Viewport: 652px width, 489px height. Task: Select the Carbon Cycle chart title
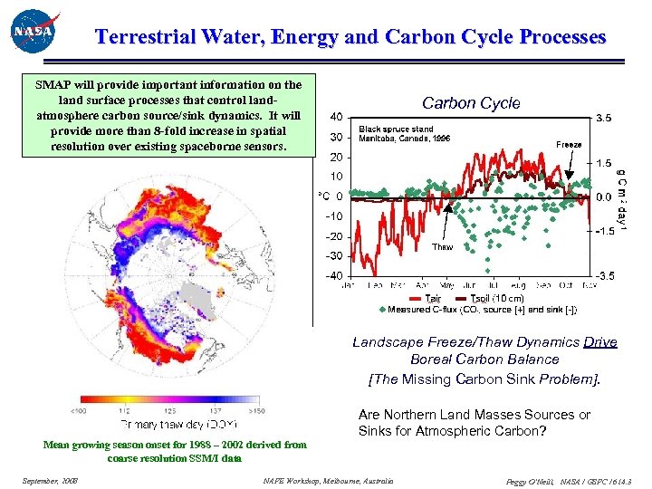coord(471,103)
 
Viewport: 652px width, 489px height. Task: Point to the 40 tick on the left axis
coord(335,117)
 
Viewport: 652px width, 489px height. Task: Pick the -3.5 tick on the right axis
coord(604,275)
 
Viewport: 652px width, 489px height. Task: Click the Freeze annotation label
coord(569,144)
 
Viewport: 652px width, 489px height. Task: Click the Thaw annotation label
coord(442,246)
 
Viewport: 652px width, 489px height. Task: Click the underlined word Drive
coord(599,341)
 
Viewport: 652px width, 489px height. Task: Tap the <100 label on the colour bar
coord(91,410)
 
